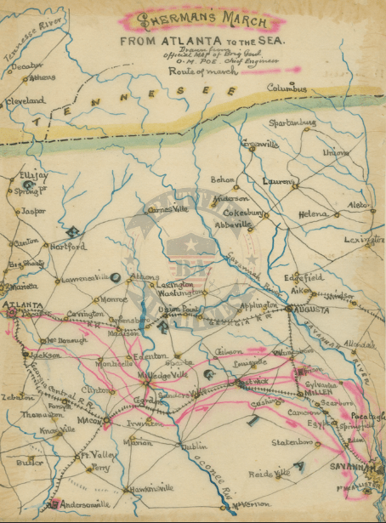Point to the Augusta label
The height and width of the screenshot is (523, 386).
coord(310,310)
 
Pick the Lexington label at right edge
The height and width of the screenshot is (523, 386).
coord(364,241)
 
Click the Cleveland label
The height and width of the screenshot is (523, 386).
coord(26,100)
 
